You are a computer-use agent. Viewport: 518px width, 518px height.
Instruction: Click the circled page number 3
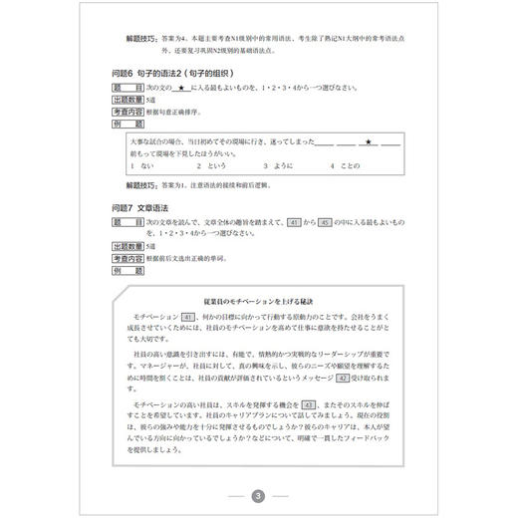[258, 496]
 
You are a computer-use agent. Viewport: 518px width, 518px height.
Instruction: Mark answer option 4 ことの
[350, 167]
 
